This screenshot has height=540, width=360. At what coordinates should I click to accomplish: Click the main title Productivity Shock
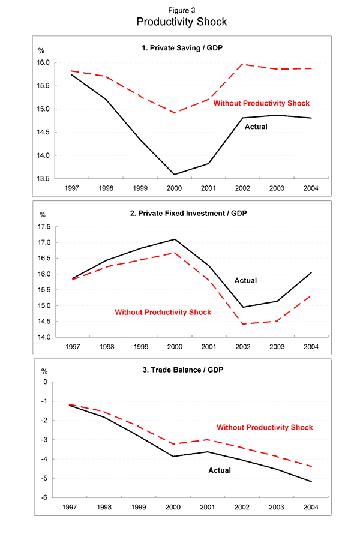(x=181, y=22)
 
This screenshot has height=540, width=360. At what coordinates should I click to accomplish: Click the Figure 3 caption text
(x=181, y=10)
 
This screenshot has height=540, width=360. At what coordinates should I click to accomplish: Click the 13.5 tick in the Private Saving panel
(x=42, y=178)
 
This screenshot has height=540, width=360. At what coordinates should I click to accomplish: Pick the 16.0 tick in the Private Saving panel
(x=42, y=62)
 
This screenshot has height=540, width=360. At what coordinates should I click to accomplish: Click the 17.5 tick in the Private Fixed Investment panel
(x=42, y=227)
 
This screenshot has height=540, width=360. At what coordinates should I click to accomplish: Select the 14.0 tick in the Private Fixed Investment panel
(x=42, y=337)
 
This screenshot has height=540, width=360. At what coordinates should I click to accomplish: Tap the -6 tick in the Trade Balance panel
(x=44, y=497)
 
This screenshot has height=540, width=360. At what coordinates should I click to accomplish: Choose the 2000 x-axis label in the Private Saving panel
(x=175, y=188)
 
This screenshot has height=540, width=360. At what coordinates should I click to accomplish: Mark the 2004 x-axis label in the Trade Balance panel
(x=311, y=507)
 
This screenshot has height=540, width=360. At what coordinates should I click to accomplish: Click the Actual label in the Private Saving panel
(x=256, y=127)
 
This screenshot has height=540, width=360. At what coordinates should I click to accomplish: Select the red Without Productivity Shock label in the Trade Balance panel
(x=265, y=427)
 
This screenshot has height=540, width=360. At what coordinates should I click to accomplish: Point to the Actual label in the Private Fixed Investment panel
(x=245, y=280)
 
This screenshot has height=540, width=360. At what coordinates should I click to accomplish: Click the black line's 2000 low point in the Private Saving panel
(x=175, y=175)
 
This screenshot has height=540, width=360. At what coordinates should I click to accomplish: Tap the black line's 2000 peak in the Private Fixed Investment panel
(x=175, y=239)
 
